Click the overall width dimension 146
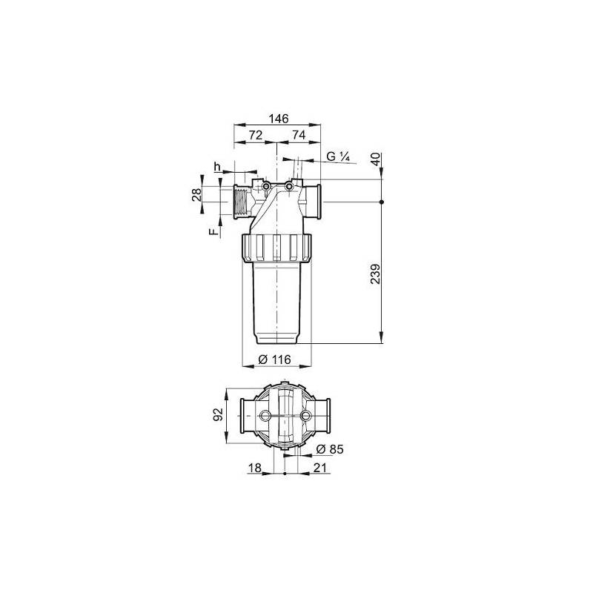point(277,119)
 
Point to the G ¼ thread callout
point(337,157)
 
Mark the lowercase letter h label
point(217,167)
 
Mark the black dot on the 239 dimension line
point(381,202)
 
